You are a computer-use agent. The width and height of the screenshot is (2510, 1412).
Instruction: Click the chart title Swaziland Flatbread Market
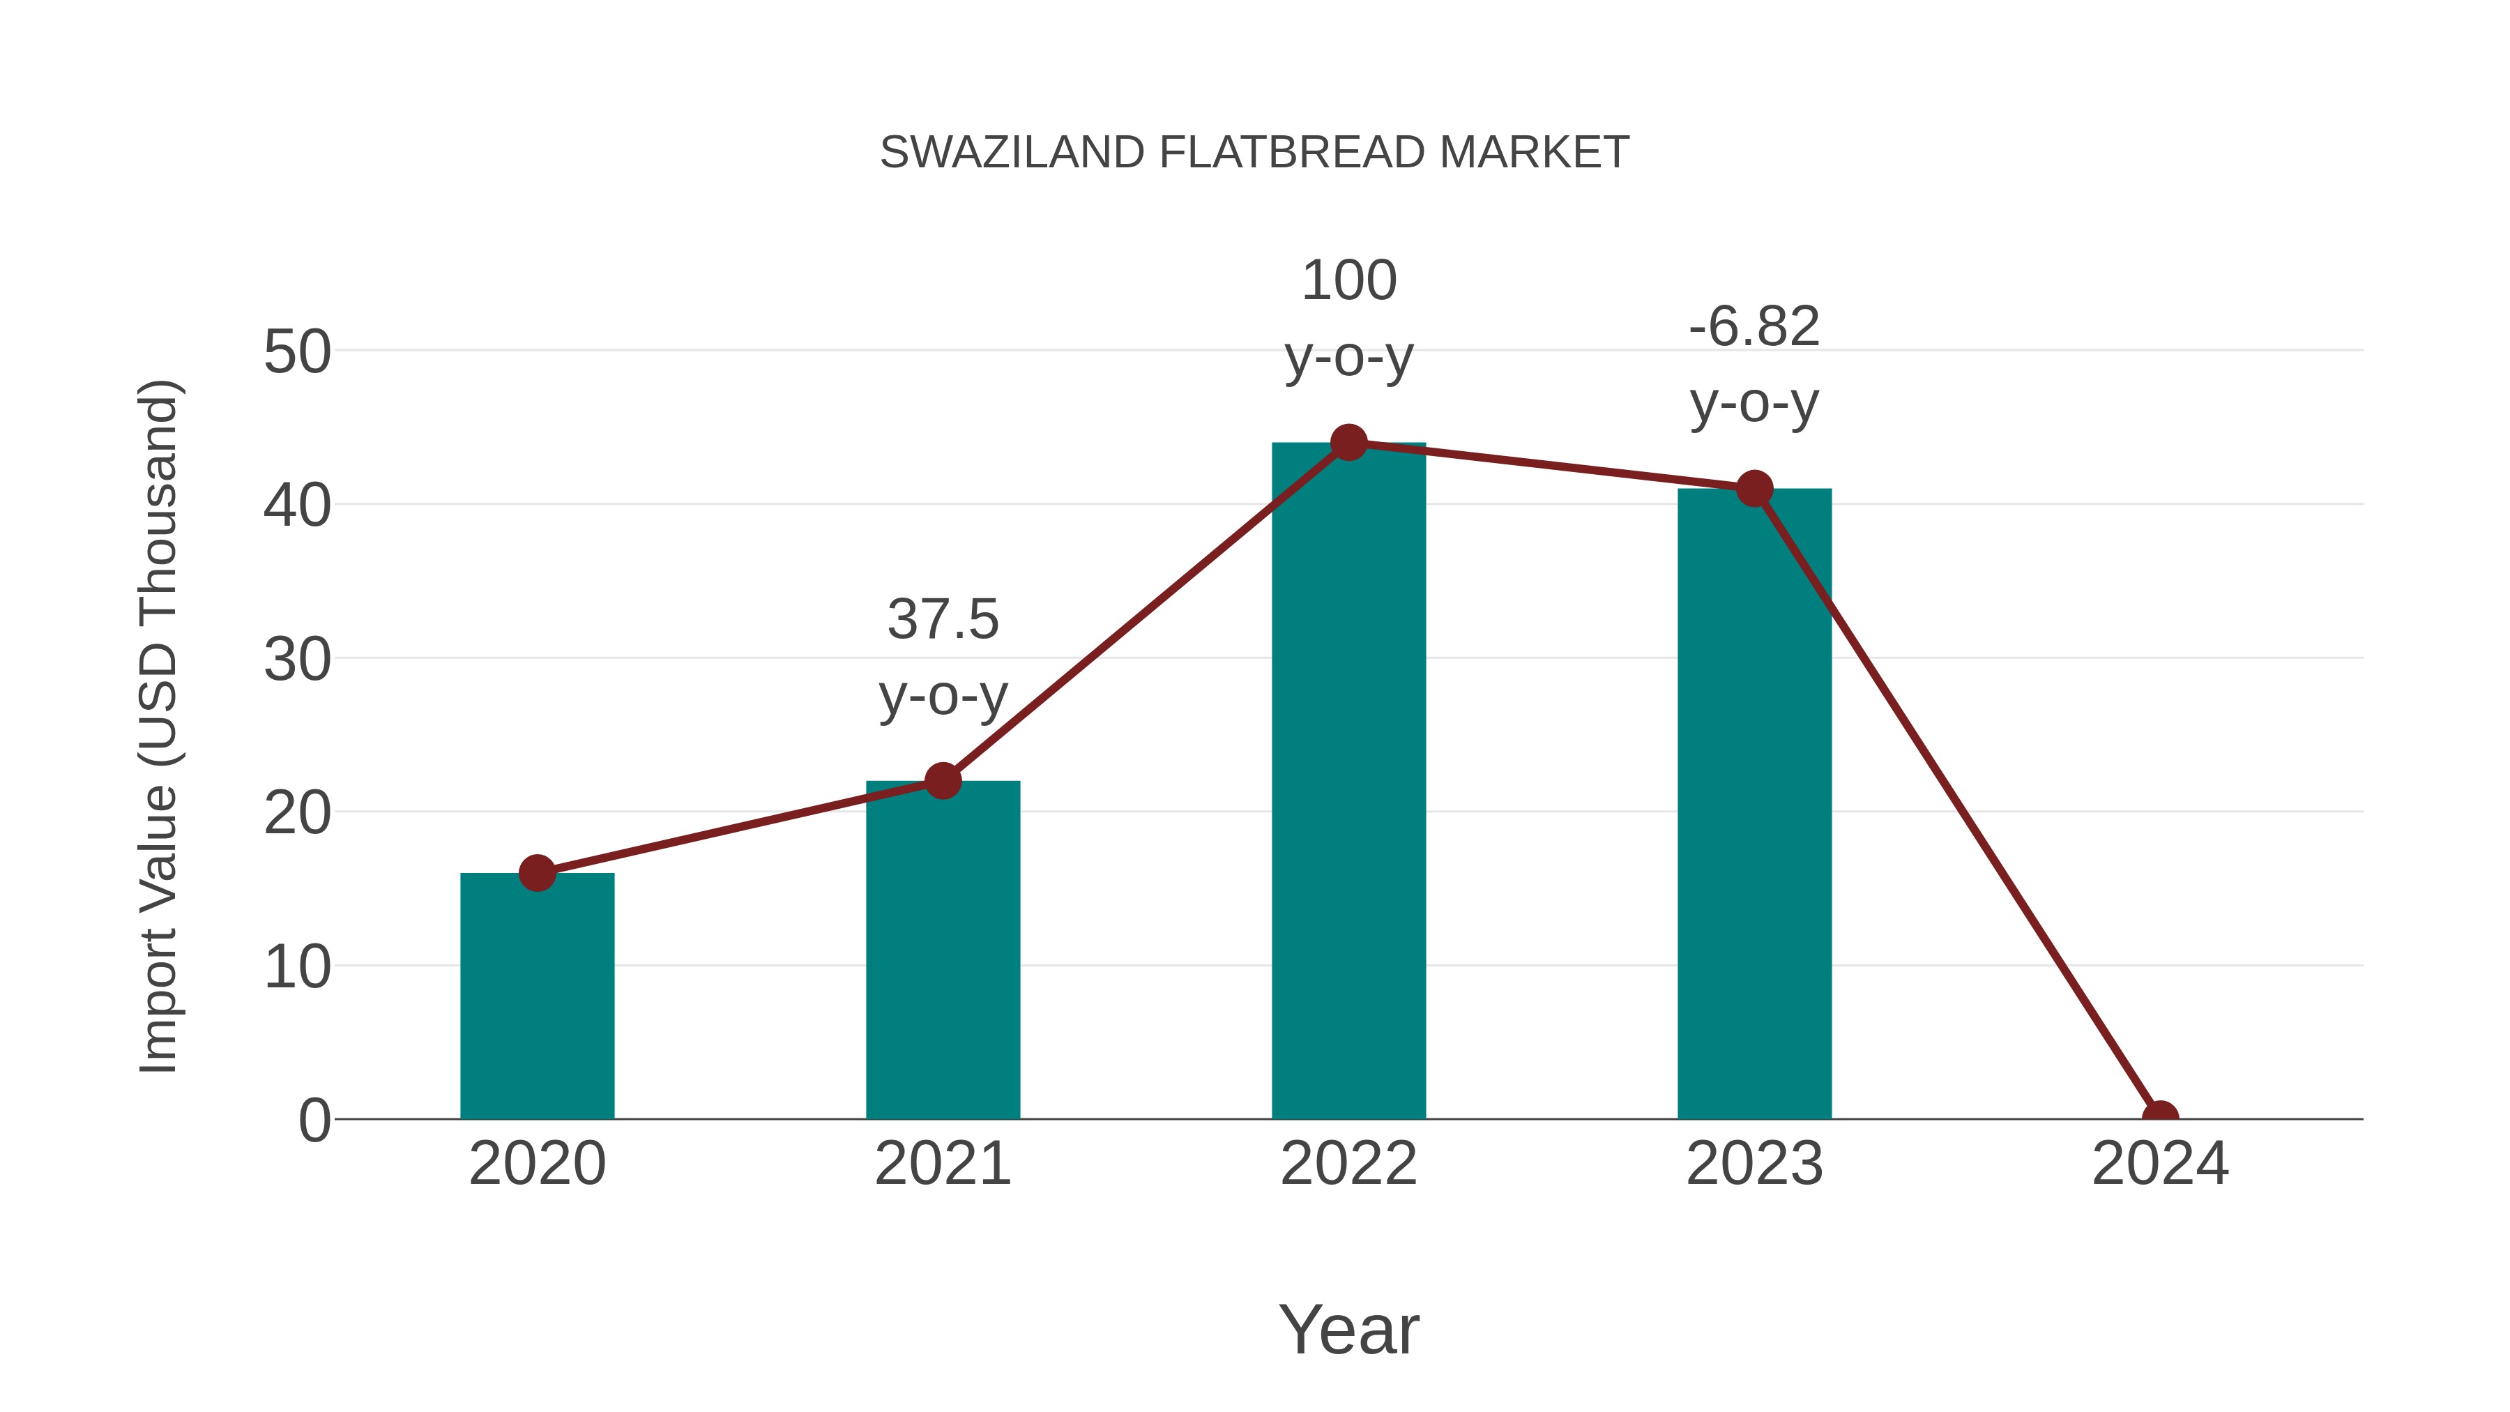1254,153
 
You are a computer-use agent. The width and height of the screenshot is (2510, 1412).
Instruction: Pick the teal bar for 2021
942,955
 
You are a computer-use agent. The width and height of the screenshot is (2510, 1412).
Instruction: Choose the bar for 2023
1754,809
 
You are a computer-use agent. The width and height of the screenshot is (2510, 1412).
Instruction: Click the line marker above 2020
537,873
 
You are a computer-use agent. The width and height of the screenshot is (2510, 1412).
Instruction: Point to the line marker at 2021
942,780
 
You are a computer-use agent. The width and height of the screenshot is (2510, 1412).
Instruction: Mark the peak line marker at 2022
1348,442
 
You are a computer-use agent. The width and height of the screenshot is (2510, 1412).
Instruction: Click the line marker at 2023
1754,488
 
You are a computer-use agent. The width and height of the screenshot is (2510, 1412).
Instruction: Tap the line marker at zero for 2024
2160,1117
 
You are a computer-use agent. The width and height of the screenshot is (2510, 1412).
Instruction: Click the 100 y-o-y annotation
1348,318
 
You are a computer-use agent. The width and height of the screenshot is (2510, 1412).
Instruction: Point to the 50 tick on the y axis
296,352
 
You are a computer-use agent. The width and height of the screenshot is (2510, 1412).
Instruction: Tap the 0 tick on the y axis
314,1121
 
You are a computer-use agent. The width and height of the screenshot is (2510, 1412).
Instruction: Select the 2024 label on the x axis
2160,1164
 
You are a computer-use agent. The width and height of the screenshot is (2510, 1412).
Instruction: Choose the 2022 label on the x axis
1348,1164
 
